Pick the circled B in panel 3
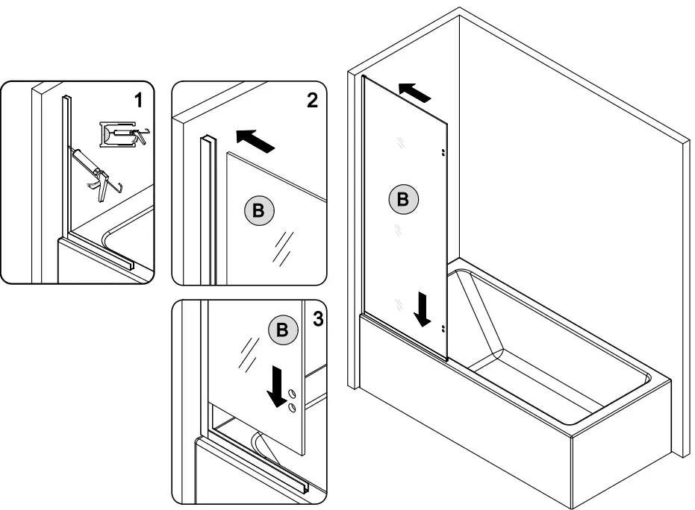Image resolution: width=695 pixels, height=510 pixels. click(x=281, y=330)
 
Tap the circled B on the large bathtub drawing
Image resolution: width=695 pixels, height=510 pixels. click(x=403, y=200)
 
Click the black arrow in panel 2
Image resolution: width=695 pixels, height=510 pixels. click(x=255, y=139)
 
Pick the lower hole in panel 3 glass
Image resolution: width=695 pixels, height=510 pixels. click(x=293, y=407)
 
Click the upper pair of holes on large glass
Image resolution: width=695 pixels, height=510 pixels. click(x=443, y=151)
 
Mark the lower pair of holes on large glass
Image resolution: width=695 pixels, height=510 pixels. click(x=443, y=328)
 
